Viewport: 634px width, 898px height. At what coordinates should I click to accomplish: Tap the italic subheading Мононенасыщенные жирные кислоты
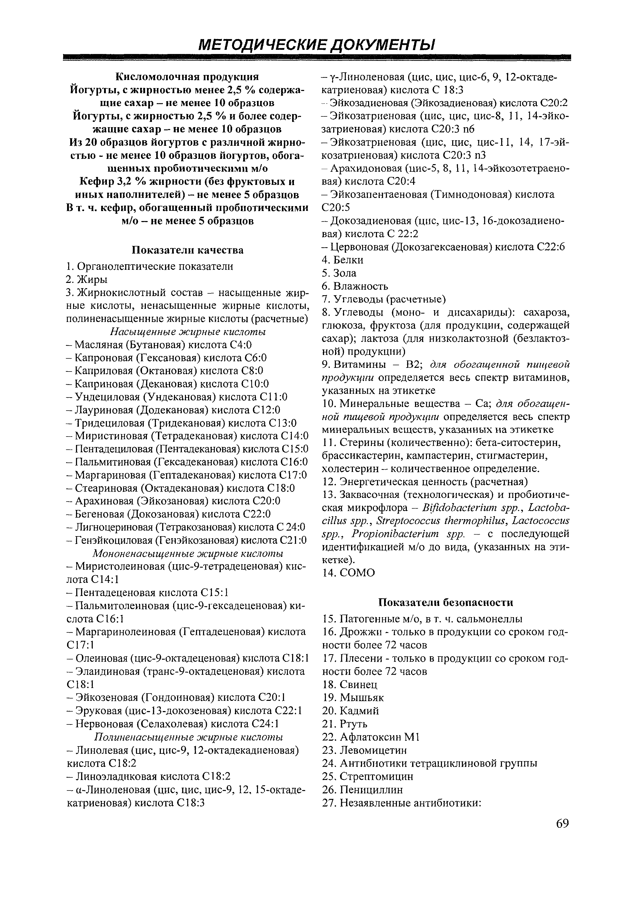(188, 554)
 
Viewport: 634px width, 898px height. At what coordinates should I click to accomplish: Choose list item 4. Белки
(343, 260)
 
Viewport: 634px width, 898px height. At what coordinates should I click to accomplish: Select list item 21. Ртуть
(345, 724)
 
